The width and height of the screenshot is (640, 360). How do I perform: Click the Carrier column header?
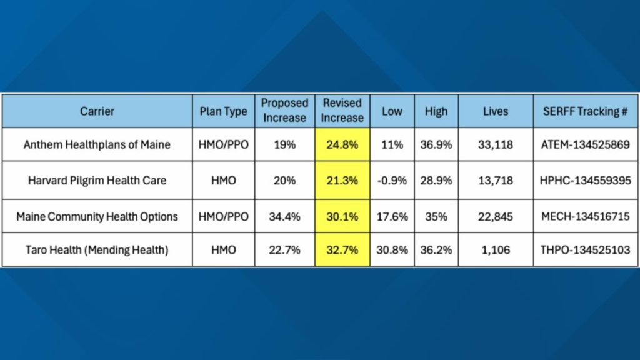(x=97, y=111)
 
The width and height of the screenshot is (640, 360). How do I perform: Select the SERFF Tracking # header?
(x=581, y=111)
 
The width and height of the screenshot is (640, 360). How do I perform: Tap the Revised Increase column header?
(x=342, y=111)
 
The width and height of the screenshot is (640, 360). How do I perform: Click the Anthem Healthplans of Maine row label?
(x=97, y=144)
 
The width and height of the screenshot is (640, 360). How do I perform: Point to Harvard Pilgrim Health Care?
(x=97, y=180)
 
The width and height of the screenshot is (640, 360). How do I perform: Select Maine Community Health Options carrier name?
(x=97, y=216)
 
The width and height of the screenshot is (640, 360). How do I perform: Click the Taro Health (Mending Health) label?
(x=97, y=250)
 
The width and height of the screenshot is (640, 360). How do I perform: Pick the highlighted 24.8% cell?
(x=342, y=144)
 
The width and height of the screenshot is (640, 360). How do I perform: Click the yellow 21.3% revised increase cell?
(x=342, y=180)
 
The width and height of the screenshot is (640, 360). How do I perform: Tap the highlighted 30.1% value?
(x=342, y=216)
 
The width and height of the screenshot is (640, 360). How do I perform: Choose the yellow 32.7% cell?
(x=342, y=250)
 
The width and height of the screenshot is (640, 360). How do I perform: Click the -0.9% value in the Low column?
(x=392, y=180)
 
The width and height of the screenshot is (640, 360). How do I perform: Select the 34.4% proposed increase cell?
(x=284, y=216)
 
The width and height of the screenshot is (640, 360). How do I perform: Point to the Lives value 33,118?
(x=496, y=144)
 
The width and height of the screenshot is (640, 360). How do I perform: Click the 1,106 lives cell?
(x=496, y=250)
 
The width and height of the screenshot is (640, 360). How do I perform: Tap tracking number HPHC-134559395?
(x=581, y=180)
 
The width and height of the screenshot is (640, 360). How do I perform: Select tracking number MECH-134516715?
(x=581, y=216)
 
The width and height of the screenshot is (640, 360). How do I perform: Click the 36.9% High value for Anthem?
(x=436, y=144)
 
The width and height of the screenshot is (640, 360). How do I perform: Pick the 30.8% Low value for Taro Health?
(x=392, y=250)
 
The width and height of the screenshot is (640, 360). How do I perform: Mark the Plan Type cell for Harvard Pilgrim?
(x=223, y=180)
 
